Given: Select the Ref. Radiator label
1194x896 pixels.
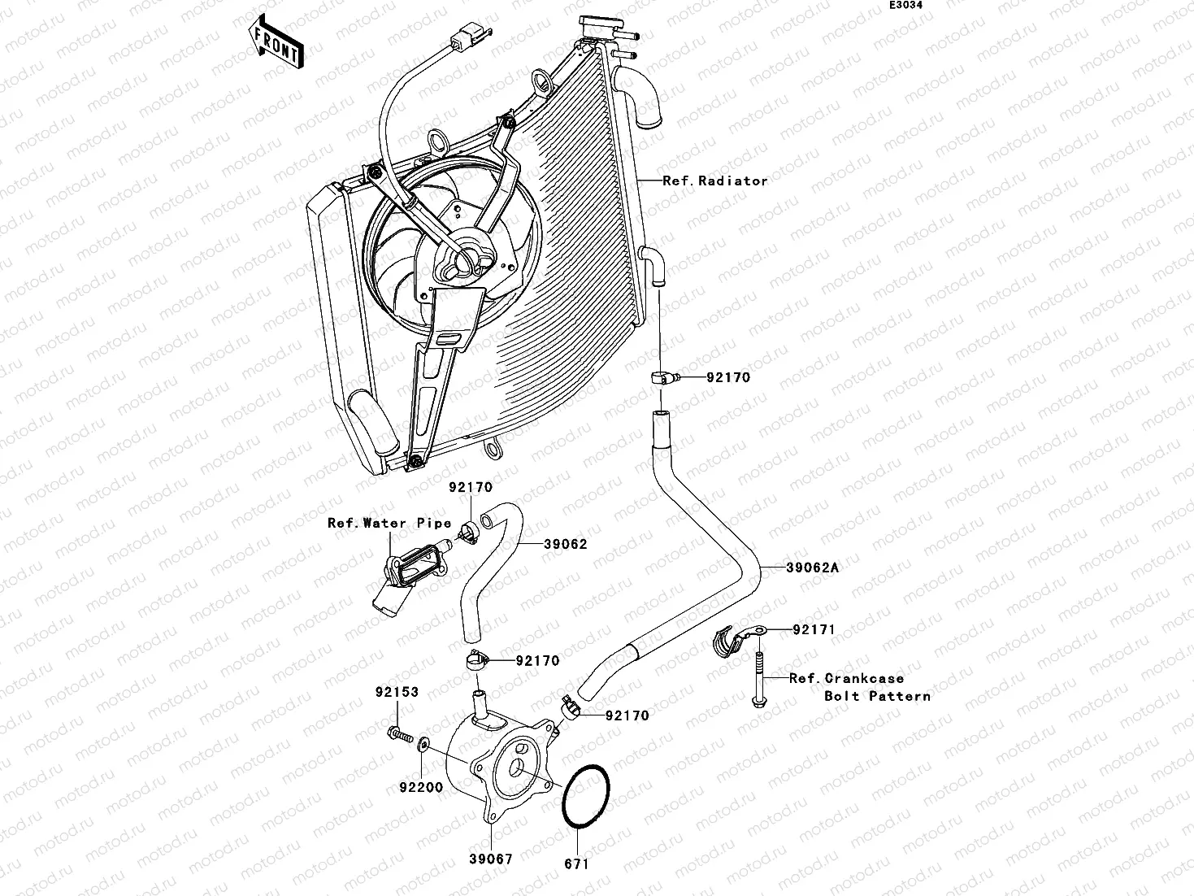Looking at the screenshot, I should click(x=714, y=181).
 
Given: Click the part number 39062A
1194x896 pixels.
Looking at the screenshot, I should click(x=812, y=568).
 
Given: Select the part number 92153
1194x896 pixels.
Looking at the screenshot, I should click(x=397, y=693).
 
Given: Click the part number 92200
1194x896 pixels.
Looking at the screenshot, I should click(x=420, y=787).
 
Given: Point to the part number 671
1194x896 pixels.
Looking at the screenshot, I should click(x=575, y=864).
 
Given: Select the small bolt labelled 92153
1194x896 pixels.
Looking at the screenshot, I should click(x=400, y=734).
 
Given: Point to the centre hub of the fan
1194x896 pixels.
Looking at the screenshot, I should click(x=464, y=259).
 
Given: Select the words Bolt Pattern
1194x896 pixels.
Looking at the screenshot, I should click(x=877, y=696).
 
